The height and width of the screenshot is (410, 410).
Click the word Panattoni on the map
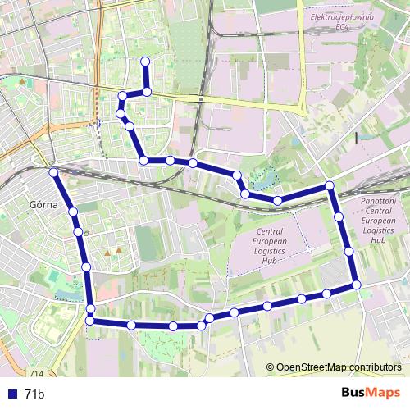point(378,200)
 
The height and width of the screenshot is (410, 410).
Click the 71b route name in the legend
point(34,394)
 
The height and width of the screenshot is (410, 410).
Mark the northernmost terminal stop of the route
point(146,60)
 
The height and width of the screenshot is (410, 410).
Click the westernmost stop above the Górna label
point(52,172)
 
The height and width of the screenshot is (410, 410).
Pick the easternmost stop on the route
point(357,285)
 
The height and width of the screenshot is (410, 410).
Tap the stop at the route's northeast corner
point(330,185)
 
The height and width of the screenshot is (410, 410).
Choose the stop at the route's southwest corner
point(90,321)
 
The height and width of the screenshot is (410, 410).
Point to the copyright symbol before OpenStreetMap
point(271,368)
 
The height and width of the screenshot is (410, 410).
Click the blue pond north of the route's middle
point(264,175)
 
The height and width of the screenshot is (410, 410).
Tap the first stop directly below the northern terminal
point(147,91)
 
